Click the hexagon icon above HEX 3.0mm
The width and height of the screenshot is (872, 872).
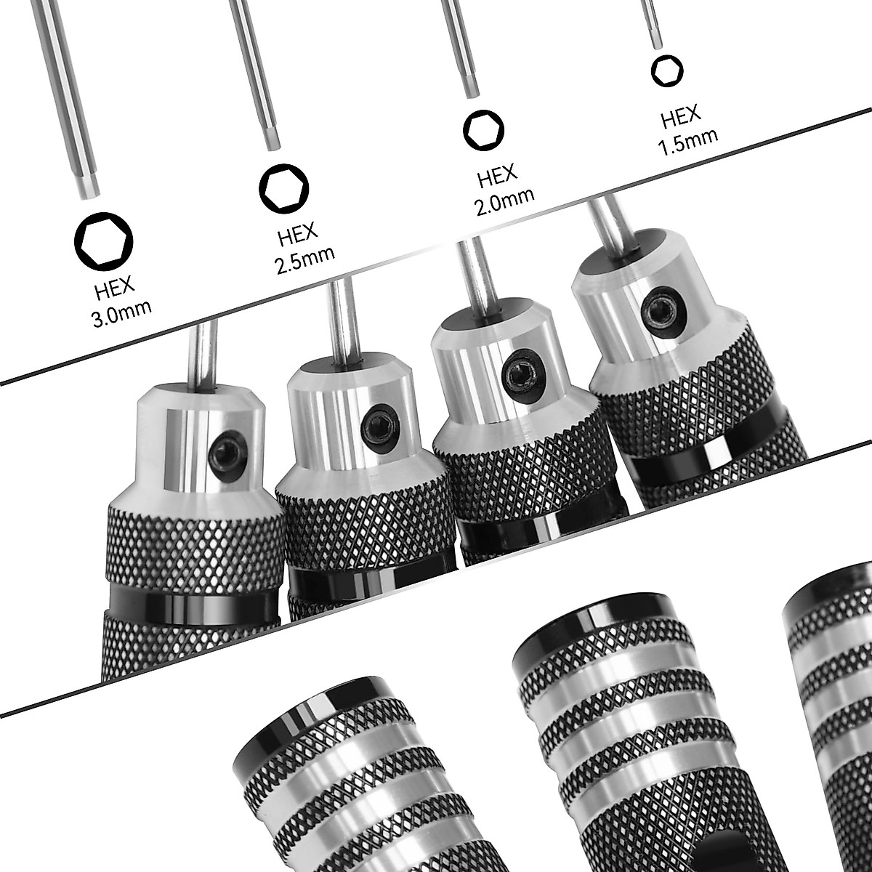click(103, 241)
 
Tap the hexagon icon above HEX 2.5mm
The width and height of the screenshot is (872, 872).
click(283, 188)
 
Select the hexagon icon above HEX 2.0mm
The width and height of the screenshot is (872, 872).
click(483, 130)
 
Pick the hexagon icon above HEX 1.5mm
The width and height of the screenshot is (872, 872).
click(667, 70)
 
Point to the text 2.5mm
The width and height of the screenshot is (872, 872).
click(305, 259)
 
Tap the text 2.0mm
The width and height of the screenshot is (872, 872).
click(504, 201)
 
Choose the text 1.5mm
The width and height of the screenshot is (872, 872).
click(687, 142)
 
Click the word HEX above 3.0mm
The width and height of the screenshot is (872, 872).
click(115, 288)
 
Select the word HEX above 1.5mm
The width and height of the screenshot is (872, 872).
click(680, 116)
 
